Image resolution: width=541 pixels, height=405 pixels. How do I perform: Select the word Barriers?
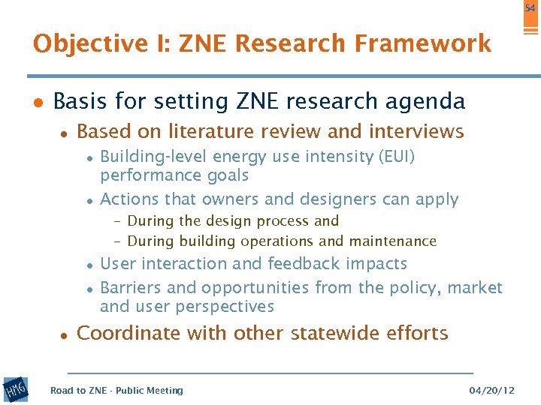click(130, 287)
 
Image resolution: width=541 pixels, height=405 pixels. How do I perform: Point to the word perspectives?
click(225, 307)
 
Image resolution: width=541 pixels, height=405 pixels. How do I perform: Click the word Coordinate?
click(128, 333)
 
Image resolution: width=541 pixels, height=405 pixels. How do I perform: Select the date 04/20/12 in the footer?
click(492, 390)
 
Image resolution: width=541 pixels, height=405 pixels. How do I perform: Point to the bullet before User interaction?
click(89, 265)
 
